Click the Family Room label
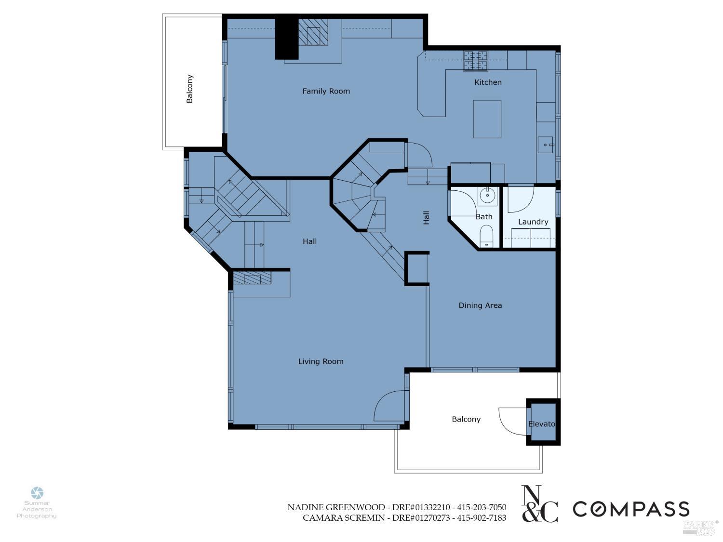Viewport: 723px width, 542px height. (x=326, y=91)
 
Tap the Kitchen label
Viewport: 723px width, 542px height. (x=488, y=82)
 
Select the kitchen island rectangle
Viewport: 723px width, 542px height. (x=487, y=119)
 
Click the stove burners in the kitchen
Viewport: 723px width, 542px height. (x=475, y=60)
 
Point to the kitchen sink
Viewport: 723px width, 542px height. (x=546, y=145)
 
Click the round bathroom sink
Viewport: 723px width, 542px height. (x=487, y=196)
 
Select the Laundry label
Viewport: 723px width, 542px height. (x=533, y=222)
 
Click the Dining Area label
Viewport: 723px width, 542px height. (x=480, y=305)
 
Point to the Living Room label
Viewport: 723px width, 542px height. (x=321, y=361)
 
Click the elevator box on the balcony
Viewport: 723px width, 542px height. (x=543, y=423)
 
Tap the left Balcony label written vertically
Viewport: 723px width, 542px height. (x=190, y=89)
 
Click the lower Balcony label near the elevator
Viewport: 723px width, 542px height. (x=466, y=419)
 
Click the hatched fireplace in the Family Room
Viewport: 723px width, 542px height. (x=312, y=33)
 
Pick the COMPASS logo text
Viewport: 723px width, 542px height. (x=630, y=509)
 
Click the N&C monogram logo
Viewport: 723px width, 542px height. (x=540, y=504)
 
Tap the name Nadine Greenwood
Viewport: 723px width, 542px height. (x=336, y=507)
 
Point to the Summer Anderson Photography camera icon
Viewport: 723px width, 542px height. (x=37, y=492)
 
